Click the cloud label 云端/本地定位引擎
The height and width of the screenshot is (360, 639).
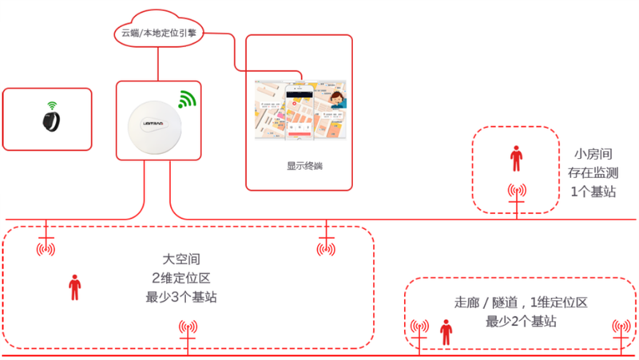click(x=158, y=34)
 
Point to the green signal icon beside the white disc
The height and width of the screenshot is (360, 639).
click(x=186, y=100)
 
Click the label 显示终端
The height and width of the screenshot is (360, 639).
click(x=298, y=167)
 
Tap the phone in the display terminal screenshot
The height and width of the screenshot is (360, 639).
click(x=299, y=109)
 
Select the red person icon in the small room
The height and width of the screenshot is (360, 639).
click(x=515, y=158)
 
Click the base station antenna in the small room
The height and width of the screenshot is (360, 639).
click(x=517, y=192)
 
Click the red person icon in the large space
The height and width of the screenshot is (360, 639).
click(x=75, y=287)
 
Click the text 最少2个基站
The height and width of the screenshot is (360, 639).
click(x=521, y=322)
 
